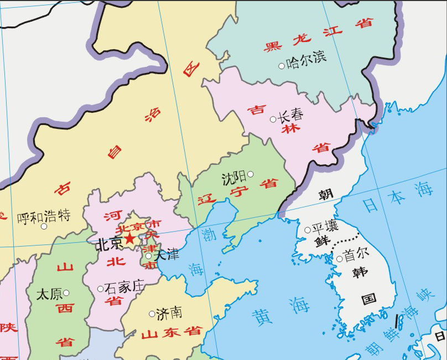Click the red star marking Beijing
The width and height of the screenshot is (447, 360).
129,238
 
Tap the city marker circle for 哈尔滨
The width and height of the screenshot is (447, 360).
282,66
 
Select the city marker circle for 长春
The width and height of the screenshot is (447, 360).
273,119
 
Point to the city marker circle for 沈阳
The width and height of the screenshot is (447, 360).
251,174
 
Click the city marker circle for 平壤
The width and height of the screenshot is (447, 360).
308,230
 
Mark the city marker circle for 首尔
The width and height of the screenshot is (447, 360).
339,258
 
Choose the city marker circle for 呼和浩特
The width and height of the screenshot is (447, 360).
44,226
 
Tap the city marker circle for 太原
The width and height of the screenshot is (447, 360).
66,293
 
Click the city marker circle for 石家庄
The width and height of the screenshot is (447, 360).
100,289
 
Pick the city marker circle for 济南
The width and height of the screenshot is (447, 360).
152,314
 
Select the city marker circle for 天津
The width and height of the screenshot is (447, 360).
148,255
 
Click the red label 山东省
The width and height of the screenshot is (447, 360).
171,333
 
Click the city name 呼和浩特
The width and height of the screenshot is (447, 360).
44,216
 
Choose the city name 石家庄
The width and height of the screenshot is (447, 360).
124,286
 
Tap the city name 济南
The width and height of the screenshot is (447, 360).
169,313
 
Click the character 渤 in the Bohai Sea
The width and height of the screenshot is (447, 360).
208,234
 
